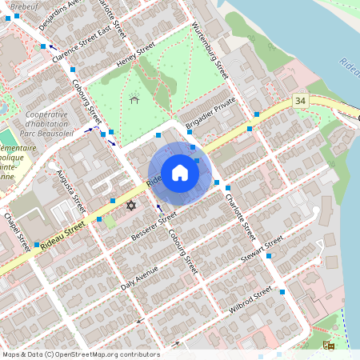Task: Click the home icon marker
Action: [180, 173]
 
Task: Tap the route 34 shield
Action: [300, 101]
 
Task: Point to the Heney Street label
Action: [134, 57]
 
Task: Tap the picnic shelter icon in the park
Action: [134, 99]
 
